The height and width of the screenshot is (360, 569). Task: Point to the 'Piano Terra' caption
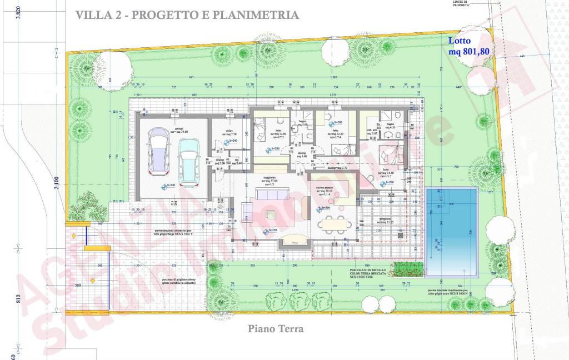pyautogui.click(x=276, y=329)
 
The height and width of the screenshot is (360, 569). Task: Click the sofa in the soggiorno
pyautogui.click(x=271, y=194)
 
